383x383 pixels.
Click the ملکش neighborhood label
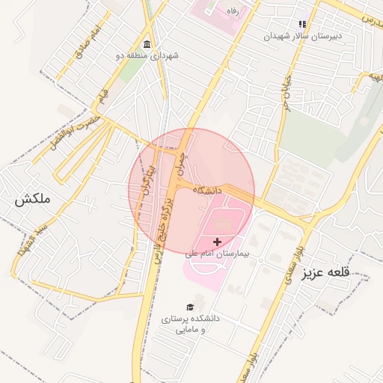point(31,200)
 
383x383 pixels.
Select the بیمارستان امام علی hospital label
point(221,254)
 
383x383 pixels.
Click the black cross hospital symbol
point(218,242)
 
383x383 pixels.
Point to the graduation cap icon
point(191,307)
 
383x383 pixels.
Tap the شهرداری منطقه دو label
point(147,55)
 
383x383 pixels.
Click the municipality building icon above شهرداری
point(147,43)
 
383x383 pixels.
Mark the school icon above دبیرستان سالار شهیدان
point(303,24)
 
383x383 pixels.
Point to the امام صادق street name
point(88,43)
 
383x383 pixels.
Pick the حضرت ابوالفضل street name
point(67,132)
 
